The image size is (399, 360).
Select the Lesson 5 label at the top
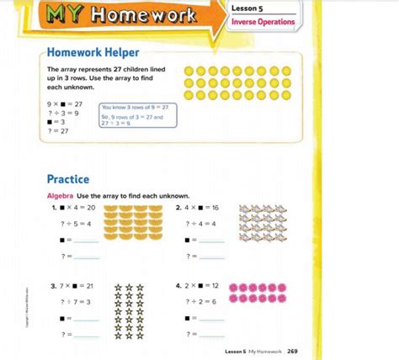pos(249,7)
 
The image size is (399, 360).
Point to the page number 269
pos(291,350)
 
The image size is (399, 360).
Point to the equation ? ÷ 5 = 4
pos(76,223)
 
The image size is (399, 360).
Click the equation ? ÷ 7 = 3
pos(76,302)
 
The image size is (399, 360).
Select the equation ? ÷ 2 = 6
pos(205,302)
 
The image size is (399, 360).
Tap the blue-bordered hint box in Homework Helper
pos(138,115)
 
